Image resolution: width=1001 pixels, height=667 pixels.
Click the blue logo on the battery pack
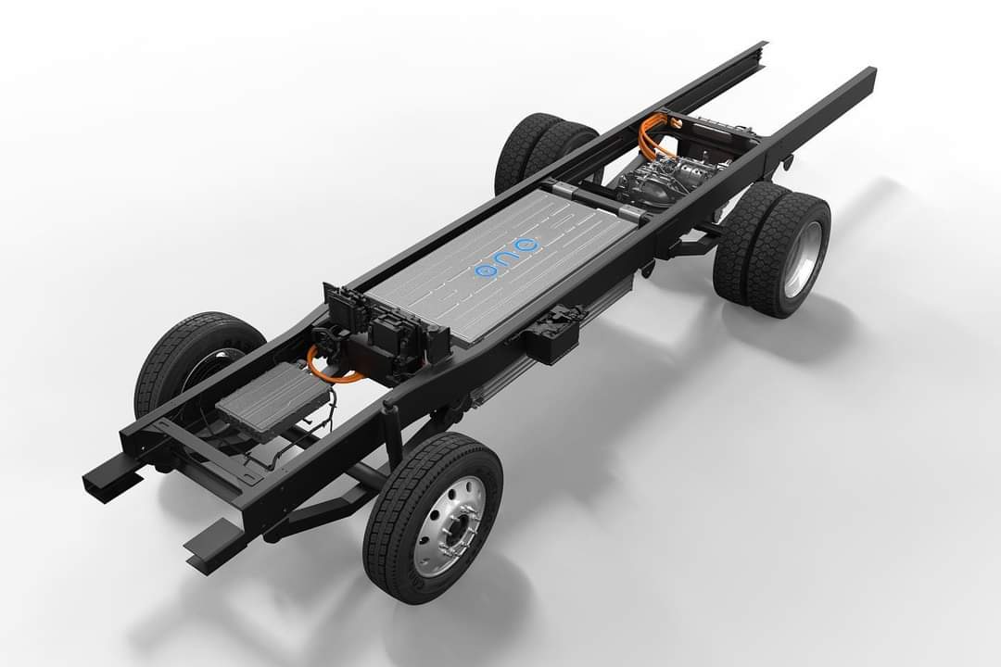click(x=508, y=258)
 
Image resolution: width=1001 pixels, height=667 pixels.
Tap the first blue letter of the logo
click(x=486, y=270)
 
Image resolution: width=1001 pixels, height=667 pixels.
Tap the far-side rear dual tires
click(x=541, y=150)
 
